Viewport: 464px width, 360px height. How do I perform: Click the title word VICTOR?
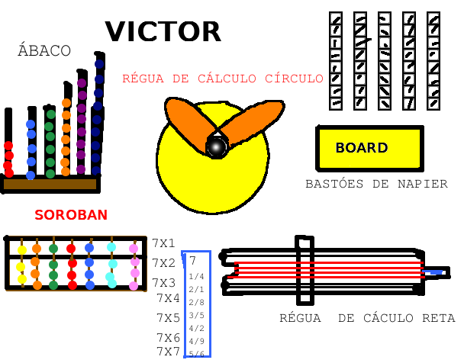click(x=163, y=32)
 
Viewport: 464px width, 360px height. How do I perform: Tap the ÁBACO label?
click(x=44, y=51)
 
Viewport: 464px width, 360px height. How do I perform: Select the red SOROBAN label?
click(x=71, y=215)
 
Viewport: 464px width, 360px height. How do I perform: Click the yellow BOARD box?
click(x=369, y=148)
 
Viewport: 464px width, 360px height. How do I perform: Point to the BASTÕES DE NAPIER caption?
click(x=376, y=185)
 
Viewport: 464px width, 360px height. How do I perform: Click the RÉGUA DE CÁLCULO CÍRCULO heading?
click(x=223, y=79)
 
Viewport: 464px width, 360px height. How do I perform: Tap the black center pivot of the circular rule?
click(x=217, y=146)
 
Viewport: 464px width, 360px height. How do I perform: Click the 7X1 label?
click(x=164, y=244)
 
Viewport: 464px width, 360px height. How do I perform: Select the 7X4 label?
click(x=169, y=298)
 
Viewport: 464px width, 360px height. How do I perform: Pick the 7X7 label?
click(x=169, y=352)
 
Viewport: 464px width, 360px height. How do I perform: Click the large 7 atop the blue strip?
click(x=193, y=261)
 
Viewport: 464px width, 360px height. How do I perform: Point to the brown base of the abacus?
click(x=50, y=184)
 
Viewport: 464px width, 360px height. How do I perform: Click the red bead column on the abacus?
click(x=8, y=156)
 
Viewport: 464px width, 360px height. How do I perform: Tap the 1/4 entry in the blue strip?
click(x=196, y=277)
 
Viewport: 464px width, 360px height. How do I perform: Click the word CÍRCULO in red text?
click(x=294, y=79)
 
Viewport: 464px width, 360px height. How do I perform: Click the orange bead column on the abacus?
click(x=66, y=137)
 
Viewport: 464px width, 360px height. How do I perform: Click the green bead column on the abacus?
click(x=50, y=143)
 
